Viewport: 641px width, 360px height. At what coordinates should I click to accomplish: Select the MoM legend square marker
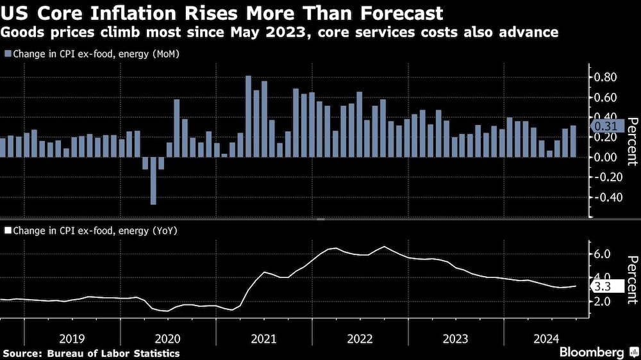tap(7, 54)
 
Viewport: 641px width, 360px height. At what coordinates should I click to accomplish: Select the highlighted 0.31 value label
tap(604, 126)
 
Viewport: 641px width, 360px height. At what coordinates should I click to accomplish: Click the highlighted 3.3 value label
tap(605, 286)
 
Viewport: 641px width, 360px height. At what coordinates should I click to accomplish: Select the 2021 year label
tap(263, 338)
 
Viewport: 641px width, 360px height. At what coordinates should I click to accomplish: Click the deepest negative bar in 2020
tap(153, 181)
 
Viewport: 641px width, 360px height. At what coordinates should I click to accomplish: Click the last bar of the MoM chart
tap(573, 142)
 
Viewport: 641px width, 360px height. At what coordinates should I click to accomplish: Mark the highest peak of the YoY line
tap(384, 247)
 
